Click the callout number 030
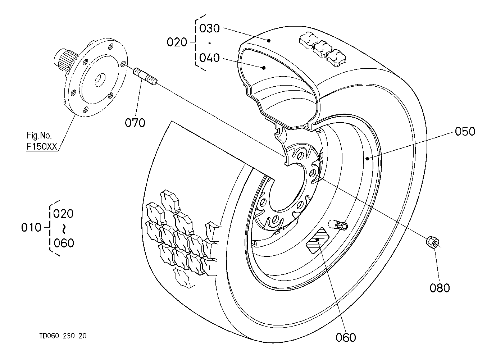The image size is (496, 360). coord(209,28)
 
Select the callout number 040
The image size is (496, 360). coord(209,58)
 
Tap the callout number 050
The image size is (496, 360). coord(465,131)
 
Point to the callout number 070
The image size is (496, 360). coord(135,123)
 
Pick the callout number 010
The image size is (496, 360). coord(31,227)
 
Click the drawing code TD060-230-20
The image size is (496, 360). coord(63,336)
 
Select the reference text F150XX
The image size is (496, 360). coord(42,146)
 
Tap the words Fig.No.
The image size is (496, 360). coord(39,135)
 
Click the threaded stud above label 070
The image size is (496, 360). coord(145,76)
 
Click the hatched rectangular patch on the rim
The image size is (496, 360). coord(317,240)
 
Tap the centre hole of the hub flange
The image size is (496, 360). coord(100,79)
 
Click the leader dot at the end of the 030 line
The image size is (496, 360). coord(269,41)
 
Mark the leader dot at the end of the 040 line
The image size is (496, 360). coord(264,68)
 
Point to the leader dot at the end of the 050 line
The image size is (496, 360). coord(367,158)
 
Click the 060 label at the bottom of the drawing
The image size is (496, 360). coord(346,337)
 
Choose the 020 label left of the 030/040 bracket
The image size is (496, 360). coord(177,42)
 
